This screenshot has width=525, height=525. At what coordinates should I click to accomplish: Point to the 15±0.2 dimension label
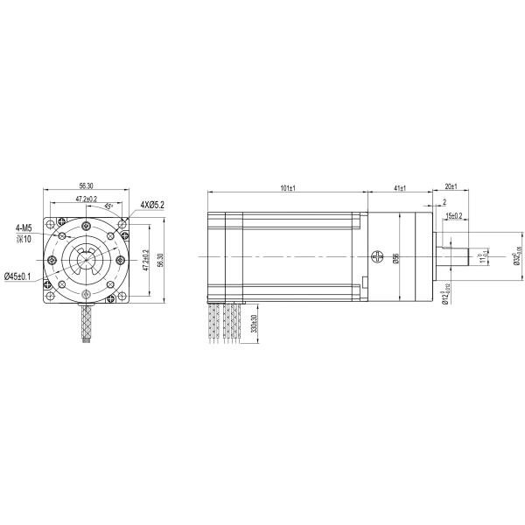tap(453, 214)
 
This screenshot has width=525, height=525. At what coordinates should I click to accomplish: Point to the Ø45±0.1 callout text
tap(18, 276)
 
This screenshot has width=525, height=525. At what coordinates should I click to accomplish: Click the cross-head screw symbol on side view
tap(377, 256)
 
